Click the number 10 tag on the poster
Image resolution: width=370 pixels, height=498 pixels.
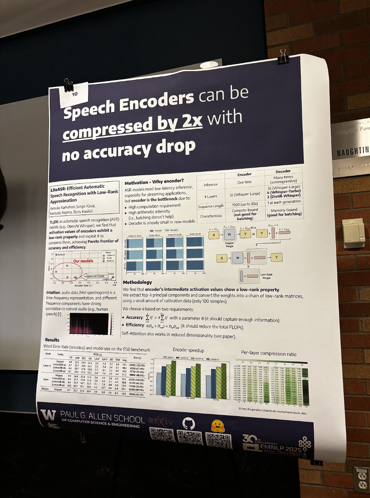(75, 94)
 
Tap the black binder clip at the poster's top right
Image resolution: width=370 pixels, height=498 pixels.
(284, 56)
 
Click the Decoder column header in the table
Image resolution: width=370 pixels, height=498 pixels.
(283, 171)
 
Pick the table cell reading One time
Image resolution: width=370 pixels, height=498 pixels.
(244, 182)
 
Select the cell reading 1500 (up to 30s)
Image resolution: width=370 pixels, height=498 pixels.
(245, 204)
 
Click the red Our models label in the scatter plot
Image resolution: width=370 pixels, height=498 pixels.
(83, 261)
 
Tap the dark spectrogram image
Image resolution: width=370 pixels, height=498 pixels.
(89, 324)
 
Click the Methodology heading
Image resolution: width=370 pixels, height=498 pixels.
(137, 282)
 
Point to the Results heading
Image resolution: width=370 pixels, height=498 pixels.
(52, 340)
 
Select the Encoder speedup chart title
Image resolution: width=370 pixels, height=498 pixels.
(188, 350)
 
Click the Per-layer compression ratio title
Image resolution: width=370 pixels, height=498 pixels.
(269, 353)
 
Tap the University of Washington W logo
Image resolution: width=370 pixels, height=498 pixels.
(48, 415)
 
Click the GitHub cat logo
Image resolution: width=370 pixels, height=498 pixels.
(188, 423)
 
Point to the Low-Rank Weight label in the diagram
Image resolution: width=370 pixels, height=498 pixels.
(266, 276)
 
